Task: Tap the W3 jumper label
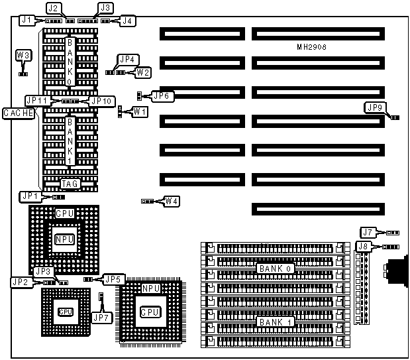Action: (x=23, y=56)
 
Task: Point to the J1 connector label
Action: (x=26, y=21)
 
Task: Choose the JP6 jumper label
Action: (x=162, y=96)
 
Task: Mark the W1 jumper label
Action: (x=140, y=112)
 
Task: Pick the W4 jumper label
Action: (x=172, y=200)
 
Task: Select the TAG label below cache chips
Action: (x=70, y=185)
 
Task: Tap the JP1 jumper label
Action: (x=30, y=196)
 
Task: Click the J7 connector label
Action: (x=368, y=232)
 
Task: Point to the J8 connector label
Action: (x=363, y=247)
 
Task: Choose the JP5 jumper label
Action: (x=114, y=280)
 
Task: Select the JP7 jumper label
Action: (x=101, y=318)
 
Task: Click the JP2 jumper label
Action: (x=20, y=282)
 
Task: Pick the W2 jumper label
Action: (x=143, y=72)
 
